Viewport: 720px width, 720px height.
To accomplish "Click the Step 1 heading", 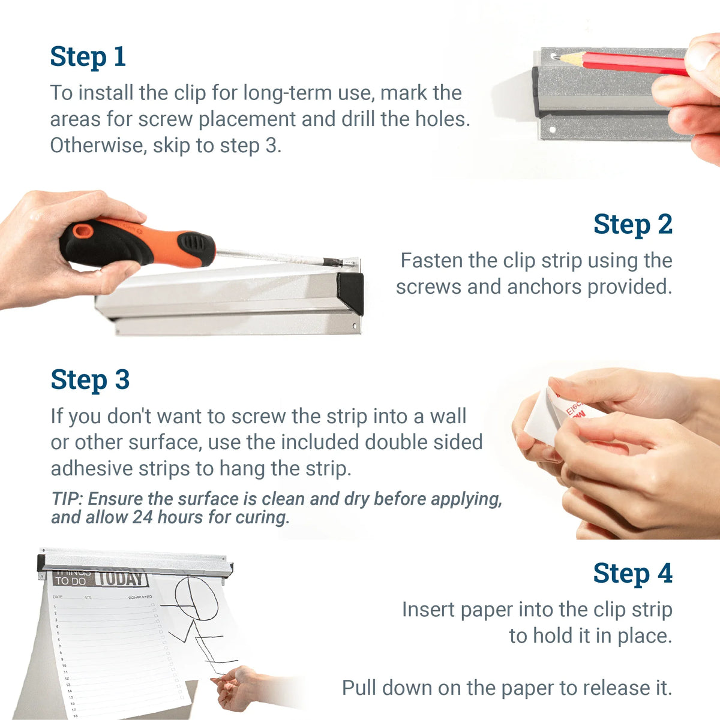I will tap(88, 57).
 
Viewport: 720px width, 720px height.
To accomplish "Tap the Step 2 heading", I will tap(632, 225).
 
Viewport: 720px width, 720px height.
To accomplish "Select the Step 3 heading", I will tap(90, 380).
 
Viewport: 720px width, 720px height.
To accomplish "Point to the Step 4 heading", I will tap(632, 574).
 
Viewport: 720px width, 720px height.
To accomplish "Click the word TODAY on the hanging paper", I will tap(121, 578).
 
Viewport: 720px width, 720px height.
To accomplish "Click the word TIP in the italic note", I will tap(66, 499).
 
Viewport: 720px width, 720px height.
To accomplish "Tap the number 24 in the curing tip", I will tap(142, 517).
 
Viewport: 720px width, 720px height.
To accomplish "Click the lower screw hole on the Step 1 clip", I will tap(554, 128).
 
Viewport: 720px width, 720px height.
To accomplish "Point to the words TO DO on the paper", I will tap(70, 581).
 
